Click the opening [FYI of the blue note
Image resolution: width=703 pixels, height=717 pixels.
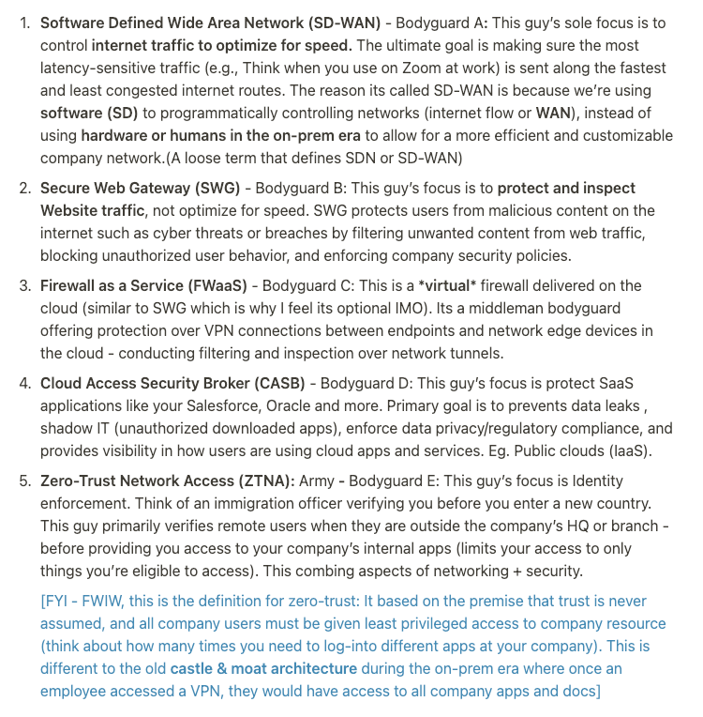pyautogui.click(x=55, y=601)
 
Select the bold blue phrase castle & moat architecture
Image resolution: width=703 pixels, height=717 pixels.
pyautogui.click(x=263, y=668)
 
